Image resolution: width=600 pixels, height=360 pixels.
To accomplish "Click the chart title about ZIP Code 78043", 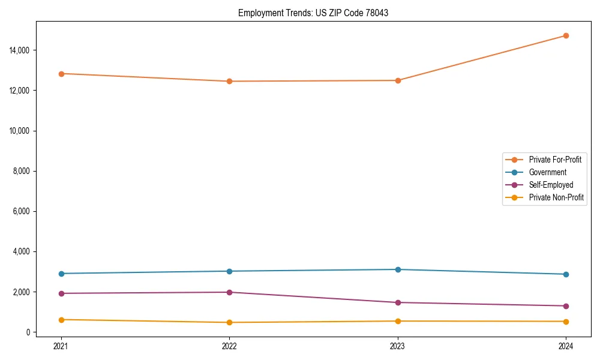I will point(313,13).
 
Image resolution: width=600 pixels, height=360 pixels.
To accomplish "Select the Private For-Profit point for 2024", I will point(566,36).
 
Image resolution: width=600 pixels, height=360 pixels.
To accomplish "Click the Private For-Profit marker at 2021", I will point(61,74).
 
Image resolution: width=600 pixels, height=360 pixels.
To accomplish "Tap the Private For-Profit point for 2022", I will point(229,81).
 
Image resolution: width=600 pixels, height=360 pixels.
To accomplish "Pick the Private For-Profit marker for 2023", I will point(397,80).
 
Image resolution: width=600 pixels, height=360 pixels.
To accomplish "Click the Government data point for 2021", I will point(61,274).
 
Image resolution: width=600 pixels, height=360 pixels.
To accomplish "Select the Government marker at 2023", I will point(397,269).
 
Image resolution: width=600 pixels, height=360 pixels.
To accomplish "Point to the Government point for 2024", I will point(566,274).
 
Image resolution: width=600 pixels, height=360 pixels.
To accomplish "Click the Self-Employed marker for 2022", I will point(229,292).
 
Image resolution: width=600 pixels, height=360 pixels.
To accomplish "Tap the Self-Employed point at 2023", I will point(397,302).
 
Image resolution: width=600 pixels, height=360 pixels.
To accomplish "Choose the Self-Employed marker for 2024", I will point(566,306).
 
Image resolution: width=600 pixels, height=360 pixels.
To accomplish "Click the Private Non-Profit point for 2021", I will point(61,320).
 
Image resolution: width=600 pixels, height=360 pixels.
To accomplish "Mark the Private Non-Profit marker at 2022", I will point(229,322).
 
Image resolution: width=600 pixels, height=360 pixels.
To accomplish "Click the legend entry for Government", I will point(547,172).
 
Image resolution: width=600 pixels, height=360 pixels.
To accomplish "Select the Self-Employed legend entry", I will point(551,185).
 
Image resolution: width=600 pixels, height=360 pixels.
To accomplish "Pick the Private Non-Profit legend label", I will point(556,197).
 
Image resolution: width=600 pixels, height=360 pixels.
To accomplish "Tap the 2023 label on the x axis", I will point(397,346).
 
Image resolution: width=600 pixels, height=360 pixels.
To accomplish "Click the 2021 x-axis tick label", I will point(61,346).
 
